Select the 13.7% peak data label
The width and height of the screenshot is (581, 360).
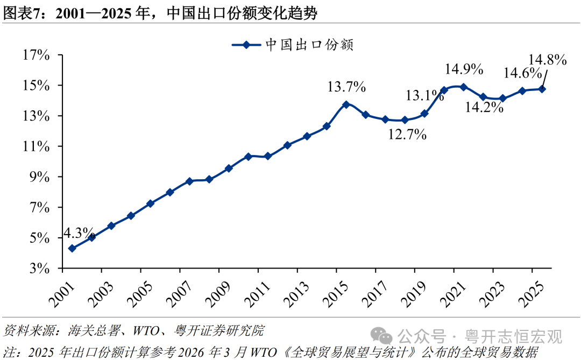tap(346, 87)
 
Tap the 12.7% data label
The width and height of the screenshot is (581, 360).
tap(407, 134)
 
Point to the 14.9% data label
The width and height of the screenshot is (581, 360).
tap(464, 69)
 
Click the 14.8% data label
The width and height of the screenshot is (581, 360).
tap(547, 60)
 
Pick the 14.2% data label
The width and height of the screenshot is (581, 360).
tap(484, 107)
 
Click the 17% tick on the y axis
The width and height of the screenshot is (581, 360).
tap(37, 55)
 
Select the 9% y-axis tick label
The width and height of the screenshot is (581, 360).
tap(39, 177)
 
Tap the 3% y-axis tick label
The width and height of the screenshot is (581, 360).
tap(39, 268)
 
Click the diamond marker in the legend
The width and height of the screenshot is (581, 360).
tap(246, 45)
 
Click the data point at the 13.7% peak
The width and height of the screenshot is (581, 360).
tap(346, 104)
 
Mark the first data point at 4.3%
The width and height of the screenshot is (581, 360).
tap(72, 249)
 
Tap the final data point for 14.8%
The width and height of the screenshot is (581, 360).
tap(542, 89)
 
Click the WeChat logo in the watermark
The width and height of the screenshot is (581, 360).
tap(381, 336)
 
